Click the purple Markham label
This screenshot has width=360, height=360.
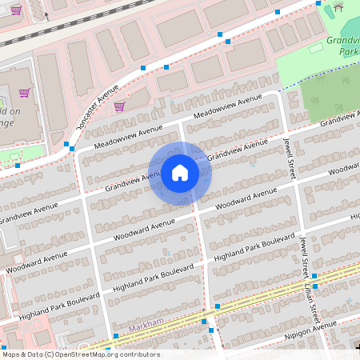coord(146,329)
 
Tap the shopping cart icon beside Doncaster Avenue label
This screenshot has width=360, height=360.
coord(119,106)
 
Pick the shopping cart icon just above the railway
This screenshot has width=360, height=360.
coord(16,10)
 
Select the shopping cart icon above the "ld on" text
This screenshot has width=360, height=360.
coord(24,93)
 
